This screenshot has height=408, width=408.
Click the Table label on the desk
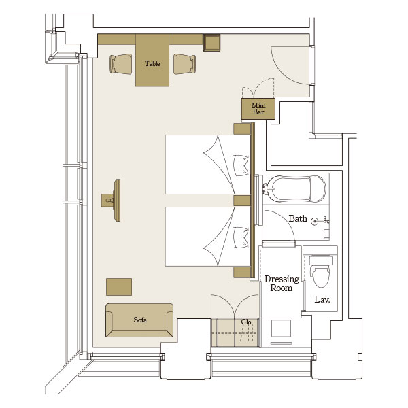click(x=152, y=63)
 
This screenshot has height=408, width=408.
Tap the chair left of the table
click(x=121, y=64)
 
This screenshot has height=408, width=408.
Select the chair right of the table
click(x=184, y=64)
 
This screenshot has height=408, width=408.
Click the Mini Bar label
click(x=258, y=109)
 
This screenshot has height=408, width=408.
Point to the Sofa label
click(x=140, y=320)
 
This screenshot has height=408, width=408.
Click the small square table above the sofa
click(x=119, y=287)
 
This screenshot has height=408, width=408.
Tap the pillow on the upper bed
click(x=241, y=165)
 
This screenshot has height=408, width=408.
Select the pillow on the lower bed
click(x=241, y=237)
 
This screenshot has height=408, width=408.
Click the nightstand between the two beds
click(x=242, y=201)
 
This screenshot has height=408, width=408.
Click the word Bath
click(x=298, y=218)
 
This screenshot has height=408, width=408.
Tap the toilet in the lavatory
click(x=321, y=271)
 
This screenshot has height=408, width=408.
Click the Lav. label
click(x=322, y=299)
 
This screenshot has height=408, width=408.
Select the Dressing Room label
click(x=282, y=284)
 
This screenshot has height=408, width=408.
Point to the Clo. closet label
click(x=246, y=322)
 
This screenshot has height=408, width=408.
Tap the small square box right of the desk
click(x=211, y=42)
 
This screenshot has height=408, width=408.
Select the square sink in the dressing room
click(x=281, y=328)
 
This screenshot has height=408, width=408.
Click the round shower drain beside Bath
click(x=315, y=221)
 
